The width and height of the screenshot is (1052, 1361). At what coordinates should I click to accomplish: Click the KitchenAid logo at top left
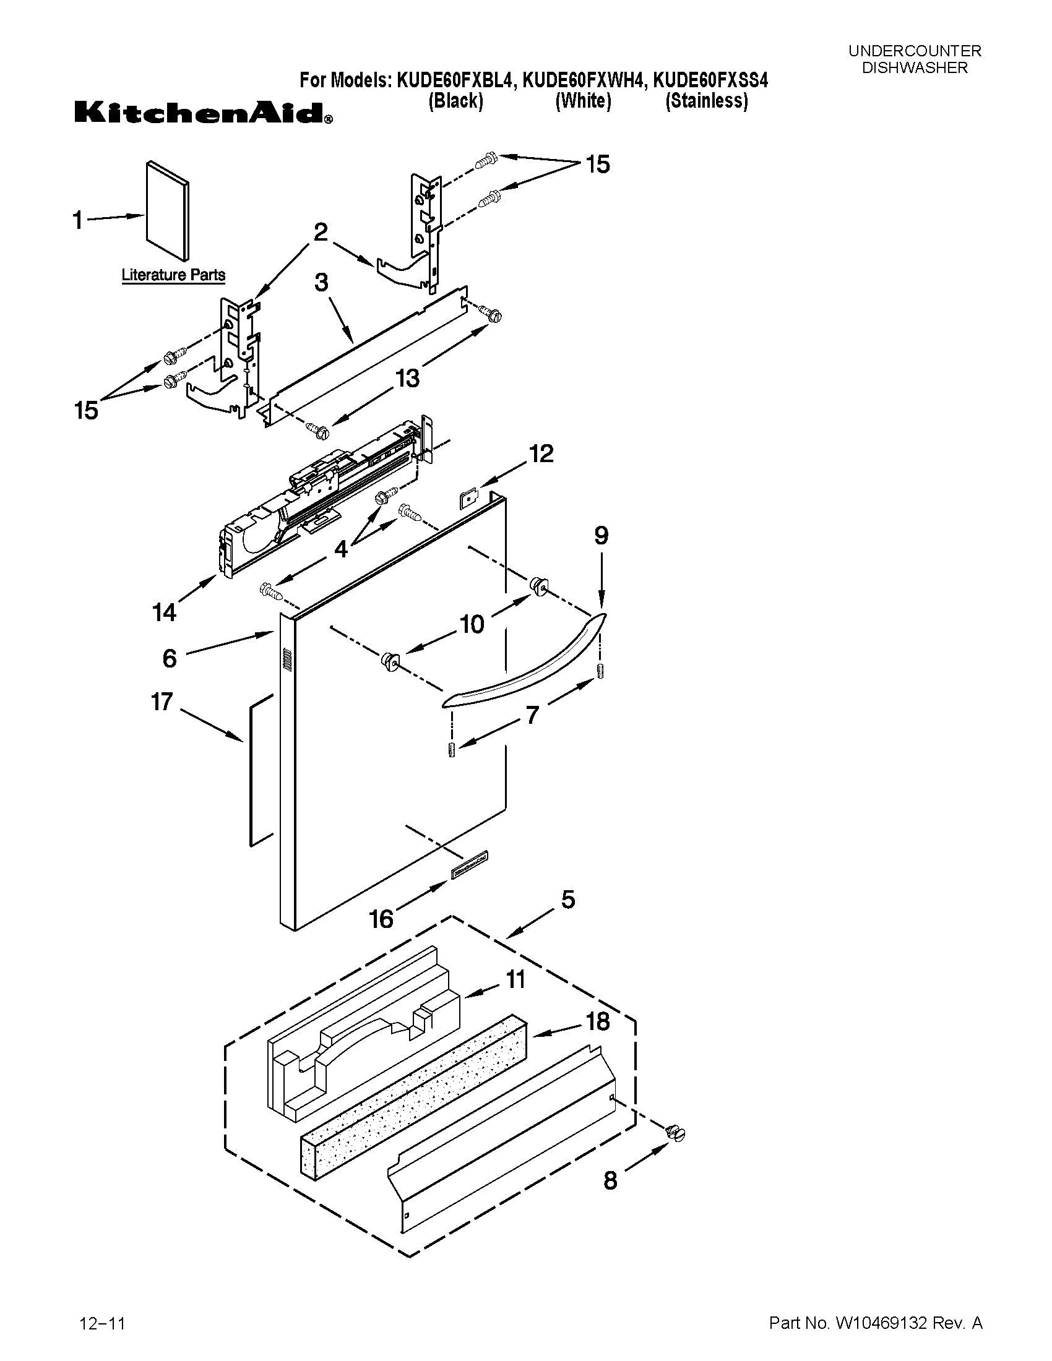click(x=203, y=113)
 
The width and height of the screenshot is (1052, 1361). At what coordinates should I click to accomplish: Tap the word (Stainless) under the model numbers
click(x=706, y=100)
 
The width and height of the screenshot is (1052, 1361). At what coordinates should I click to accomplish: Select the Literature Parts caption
click(x=173, y=275)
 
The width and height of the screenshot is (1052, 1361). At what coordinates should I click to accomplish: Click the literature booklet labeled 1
click(x=166, y=210)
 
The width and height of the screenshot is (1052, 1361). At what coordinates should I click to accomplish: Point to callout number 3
click(x=321, y=282)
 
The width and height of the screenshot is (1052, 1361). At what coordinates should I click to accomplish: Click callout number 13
click(x=408, y=378)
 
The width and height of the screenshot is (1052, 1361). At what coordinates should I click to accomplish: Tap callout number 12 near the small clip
click(x=541, y=453)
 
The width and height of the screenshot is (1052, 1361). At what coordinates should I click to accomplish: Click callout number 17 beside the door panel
click(x=162, y=702)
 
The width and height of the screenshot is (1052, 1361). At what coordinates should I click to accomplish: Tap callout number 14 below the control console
click(x=165, y=612)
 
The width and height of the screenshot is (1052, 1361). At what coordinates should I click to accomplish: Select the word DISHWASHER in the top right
click(x=914, y=68)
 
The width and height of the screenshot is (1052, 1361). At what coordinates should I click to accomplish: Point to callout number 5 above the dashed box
click(x=567, y=899)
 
